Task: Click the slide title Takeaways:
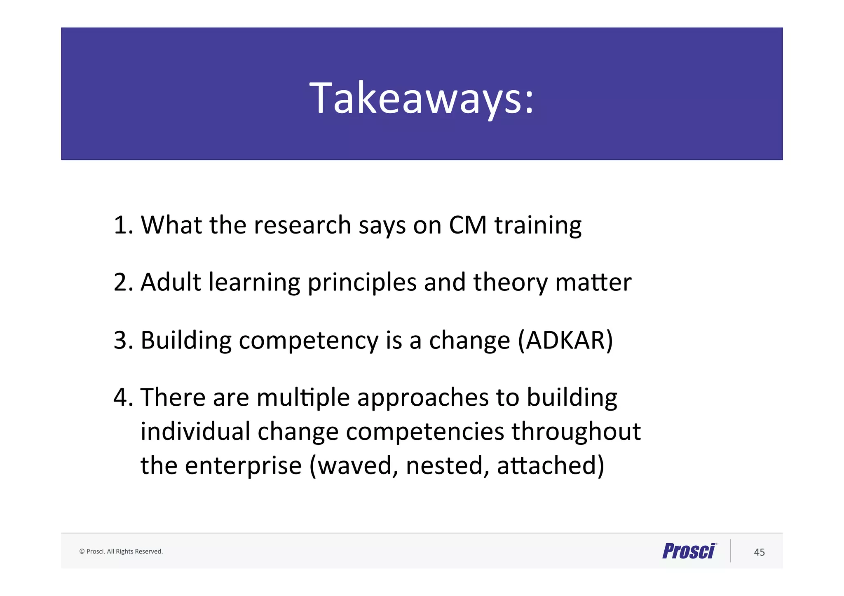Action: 422,98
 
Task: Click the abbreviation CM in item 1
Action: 468,225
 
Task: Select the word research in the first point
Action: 302,225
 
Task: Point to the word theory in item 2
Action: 510,283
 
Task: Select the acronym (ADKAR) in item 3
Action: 565,341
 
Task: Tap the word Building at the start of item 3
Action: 186,341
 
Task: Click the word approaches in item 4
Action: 422,398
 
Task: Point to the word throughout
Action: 576,432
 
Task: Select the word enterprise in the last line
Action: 243,466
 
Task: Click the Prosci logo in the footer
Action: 689,551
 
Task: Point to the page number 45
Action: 759,552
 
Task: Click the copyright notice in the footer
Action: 121,552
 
